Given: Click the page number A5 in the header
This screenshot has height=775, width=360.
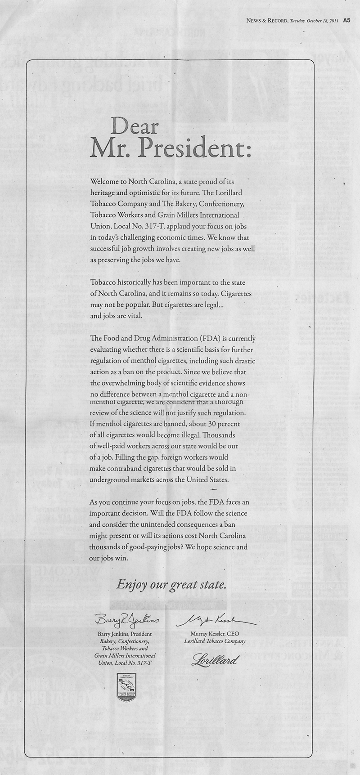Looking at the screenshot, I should click(346, 20).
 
